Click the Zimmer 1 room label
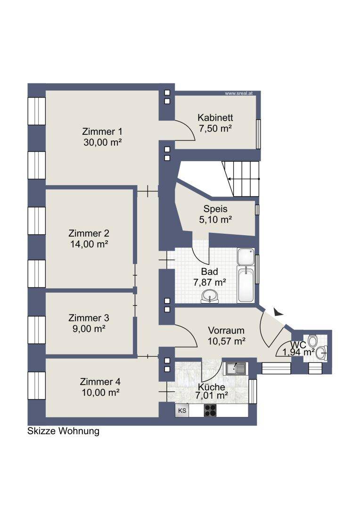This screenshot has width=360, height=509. tap(102, 131)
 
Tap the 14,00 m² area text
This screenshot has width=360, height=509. tap(89, 244)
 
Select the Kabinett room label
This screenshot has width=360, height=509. tap(215, 117)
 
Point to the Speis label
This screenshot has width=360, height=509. tap(215, 209)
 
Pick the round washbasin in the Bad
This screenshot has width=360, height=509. tap(209, 296)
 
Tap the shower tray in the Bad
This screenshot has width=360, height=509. tap(246, 257)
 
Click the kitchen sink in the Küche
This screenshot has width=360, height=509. tap(237, 368)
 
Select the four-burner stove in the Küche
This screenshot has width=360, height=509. tap(210, 410)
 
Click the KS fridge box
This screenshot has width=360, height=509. tap(182, 410)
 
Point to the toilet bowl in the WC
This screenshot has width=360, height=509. tap(312, 340)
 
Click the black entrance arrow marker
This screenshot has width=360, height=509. tap(278, 312)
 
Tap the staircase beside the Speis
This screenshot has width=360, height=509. tap(241, 179)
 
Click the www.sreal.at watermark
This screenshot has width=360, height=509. tap(238, 93)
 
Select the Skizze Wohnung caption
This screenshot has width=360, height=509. tap(63, 431)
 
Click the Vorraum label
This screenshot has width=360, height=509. tap(226, 330)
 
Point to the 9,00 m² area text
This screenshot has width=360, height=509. tap(89, 328)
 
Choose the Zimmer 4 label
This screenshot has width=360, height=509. tap(100, 381)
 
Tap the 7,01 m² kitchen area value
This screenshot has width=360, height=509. tap(211, 395)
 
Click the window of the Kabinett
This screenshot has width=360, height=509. tap(258, 134)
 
